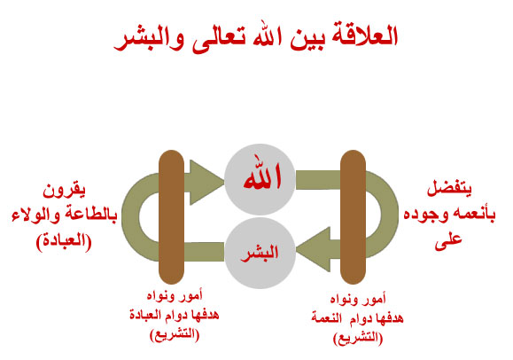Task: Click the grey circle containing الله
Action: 260,179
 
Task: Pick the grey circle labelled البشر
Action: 260,253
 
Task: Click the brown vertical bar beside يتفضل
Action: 353,217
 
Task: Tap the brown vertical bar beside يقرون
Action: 171,217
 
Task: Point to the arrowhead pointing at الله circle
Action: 206,183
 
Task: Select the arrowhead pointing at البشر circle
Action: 313,249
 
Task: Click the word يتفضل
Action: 449,189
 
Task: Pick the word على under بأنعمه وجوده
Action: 448,239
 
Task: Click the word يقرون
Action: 64,191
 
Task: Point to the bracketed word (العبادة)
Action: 64,241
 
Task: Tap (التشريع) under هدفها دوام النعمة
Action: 358,339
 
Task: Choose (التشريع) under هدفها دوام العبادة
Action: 175,335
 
